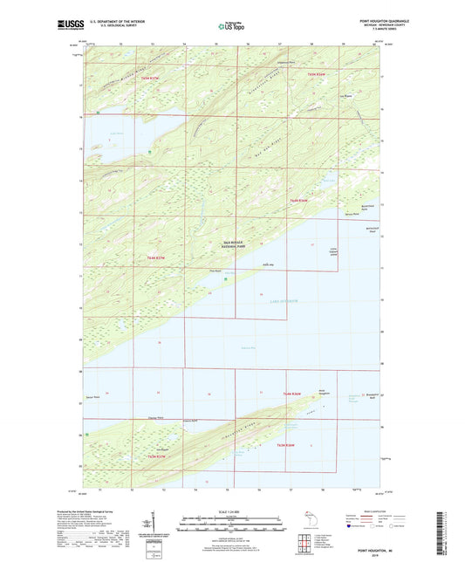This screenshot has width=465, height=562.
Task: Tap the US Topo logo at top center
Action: [231, 26]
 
